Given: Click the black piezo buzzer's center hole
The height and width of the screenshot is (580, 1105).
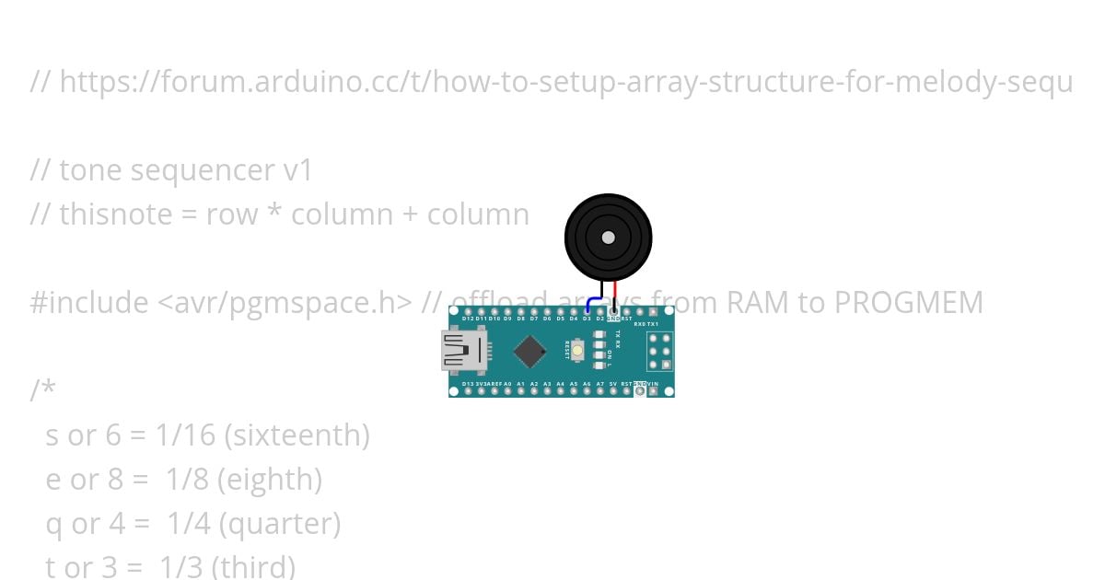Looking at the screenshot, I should point(608,238).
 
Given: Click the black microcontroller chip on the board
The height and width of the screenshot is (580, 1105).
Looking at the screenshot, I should point(529,351).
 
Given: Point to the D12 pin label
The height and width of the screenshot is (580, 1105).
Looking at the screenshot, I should point(468,319).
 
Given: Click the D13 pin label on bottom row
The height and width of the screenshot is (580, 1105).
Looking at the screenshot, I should point(468,383).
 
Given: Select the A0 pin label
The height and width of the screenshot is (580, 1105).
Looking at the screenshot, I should point(507,383).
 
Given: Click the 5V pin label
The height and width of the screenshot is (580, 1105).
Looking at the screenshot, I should point(612,383).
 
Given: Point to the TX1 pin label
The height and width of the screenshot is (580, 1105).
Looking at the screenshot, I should point(653,324).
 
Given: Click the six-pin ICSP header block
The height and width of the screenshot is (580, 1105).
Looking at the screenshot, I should point(658,351).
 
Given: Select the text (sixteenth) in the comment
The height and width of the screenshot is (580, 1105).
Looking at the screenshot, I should point(297,435).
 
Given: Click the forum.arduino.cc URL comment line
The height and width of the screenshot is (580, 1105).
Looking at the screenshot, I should point(552,82).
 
